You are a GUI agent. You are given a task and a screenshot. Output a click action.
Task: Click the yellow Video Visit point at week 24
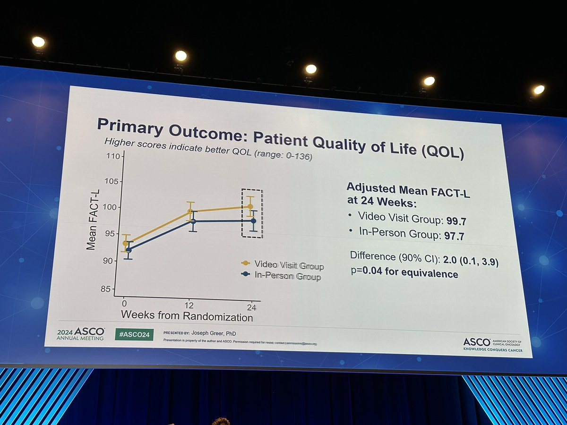click(x=250, y=206)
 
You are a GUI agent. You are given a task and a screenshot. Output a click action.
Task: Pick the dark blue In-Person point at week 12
click(x=193, y=221)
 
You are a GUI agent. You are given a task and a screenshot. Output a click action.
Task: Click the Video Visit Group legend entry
click(x=283, y=265)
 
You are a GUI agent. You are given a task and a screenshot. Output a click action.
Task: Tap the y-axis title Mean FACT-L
click(x=92, y=221)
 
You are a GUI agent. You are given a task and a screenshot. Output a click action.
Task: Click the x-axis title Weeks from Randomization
click(x=187, y=316)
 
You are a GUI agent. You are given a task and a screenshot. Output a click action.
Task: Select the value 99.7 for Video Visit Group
click(x=457, y=221)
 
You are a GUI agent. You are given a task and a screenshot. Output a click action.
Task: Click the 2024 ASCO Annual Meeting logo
click(x=80, y=333)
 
